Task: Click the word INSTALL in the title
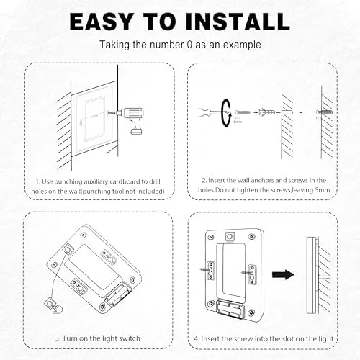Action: pos(238,22)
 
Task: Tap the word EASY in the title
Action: pos(102,22)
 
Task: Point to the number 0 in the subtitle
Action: pos(189,45)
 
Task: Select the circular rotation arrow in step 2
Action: pos(226,113)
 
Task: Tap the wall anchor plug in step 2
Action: pos(267,112)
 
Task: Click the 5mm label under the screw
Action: pos(238,122)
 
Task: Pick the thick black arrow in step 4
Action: pos(283,274)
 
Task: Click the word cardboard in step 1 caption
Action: pos(125,181)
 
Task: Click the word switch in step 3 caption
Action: pos(130,338)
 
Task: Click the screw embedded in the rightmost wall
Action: pos(325,112)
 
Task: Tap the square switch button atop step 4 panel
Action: pos(230,236)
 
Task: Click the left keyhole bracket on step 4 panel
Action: pos(211,271)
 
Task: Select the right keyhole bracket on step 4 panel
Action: pos(252,274)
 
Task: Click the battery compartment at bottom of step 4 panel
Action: pos(230,309)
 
